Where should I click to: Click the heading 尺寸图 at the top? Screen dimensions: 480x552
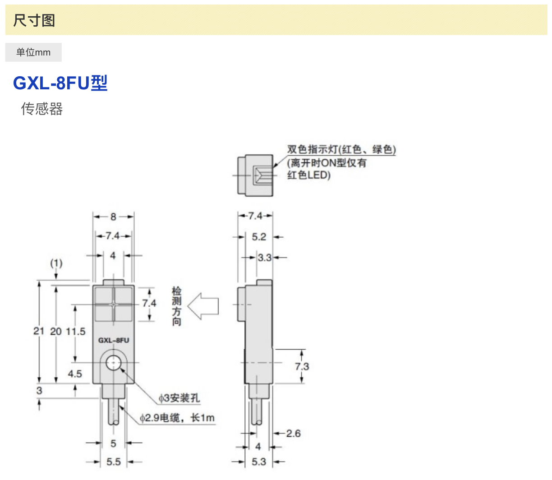[34, 20]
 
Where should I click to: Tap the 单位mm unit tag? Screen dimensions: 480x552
[33, 52]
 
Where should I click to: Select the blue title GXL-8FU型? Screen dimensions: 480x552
[60, 83]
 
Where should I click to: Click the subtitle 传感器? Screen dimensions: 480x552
[42, 109]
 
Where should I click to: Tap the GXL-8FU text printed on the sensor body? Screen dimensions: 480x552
[114, 340]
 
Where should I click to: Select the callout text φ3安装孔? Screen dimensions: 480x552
[179, 398]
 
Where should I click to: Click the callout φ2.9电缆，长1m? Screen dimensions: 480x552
[177, 418]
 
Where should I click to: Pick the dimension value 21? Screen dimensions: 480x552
[39, 331]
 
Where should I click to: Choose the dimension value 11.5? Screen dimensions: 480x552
[76, 332]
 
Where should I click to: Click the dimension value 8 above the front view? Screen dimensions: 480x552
[113, 217]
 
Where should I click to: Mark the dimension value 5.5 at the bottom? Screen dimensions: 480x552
[114, 462]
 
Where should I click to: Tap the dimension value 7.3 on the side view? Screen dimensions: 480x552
[302, 366]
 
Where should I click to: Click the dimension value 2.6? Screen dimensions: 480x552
[293, 434]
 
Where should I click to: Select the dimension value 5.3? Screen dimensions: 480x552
[259, 462]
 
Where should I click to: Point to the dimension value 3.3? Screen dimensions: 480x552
[265, 258]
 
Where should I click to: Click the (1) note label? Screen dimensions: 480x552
[56, 263]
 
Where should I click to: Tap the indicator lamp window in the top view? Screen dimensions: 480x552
[262, 175]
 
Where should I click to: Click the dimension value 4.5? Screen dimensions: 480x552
[75, 374]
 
